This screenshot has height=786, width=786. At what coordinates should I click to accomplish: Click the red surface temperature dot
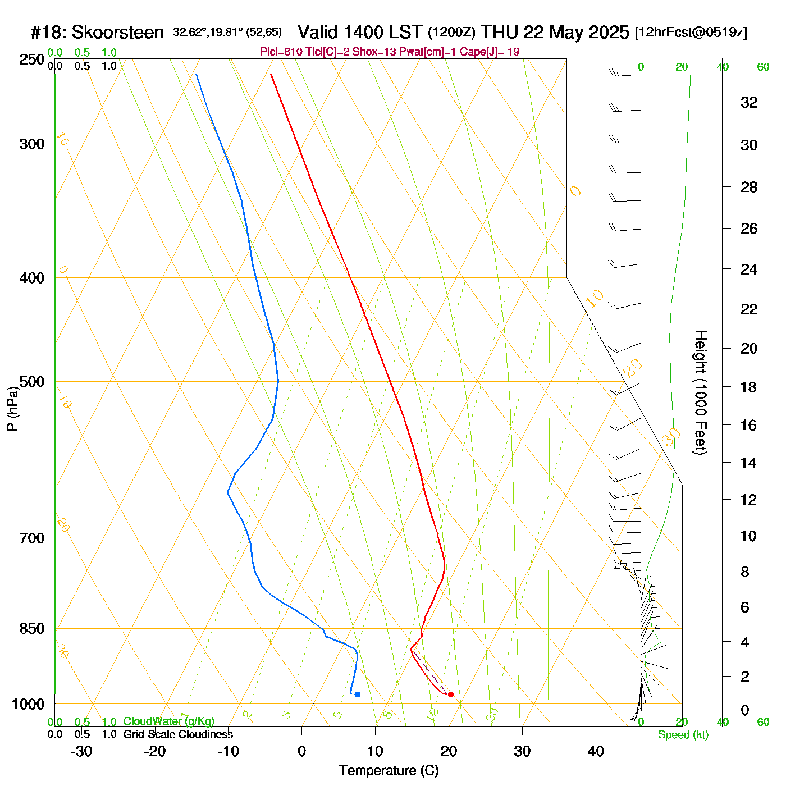pos(450,694)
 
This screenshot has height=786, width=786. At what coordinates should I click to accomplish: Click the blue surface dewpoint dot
pos(357,694)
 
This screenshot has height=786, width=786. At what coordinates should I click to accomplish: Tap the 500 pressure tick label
pos(32,382)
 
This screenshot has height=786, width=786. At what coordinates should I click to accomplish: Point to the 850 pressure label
pos(32,629)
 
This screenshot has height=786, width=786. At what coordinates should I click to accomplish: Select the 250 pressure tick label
pos(32,60)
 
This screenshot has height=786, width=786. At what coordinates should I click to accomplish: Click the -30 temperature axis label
pos(81,751)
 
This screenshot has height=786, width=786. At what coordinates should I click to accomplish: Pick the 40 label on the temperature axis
pos(596,751)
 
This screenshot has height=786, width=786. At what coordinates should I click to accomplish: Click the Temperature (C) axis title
pos(389,771)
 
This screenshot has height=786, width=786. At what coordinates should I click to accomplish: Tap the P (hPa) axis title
pos(12,408)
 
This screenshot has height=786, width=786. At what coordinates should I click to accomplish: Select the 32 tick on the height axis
pos(749,102)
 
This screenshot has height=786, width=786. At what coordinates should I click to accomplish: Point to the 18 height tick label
pos(749,387)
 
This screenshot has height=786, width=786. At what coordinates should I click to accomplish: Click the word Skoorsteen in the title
pos(118,33)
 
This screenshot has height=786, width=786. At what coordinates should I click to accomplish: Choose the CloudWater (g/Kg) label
pos(168,721)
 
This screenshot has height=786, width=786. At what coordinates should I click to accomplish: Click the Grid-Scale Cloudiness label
pos(178,734)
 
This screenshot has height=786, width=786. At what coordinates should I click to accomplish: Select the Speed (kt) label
pos(683,735)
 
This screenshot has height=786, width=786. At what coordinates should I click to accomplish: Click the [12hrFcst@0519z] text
pos(691,33)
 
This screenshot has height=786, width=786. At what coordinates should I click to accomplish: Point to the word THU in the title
pos(500,33)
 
